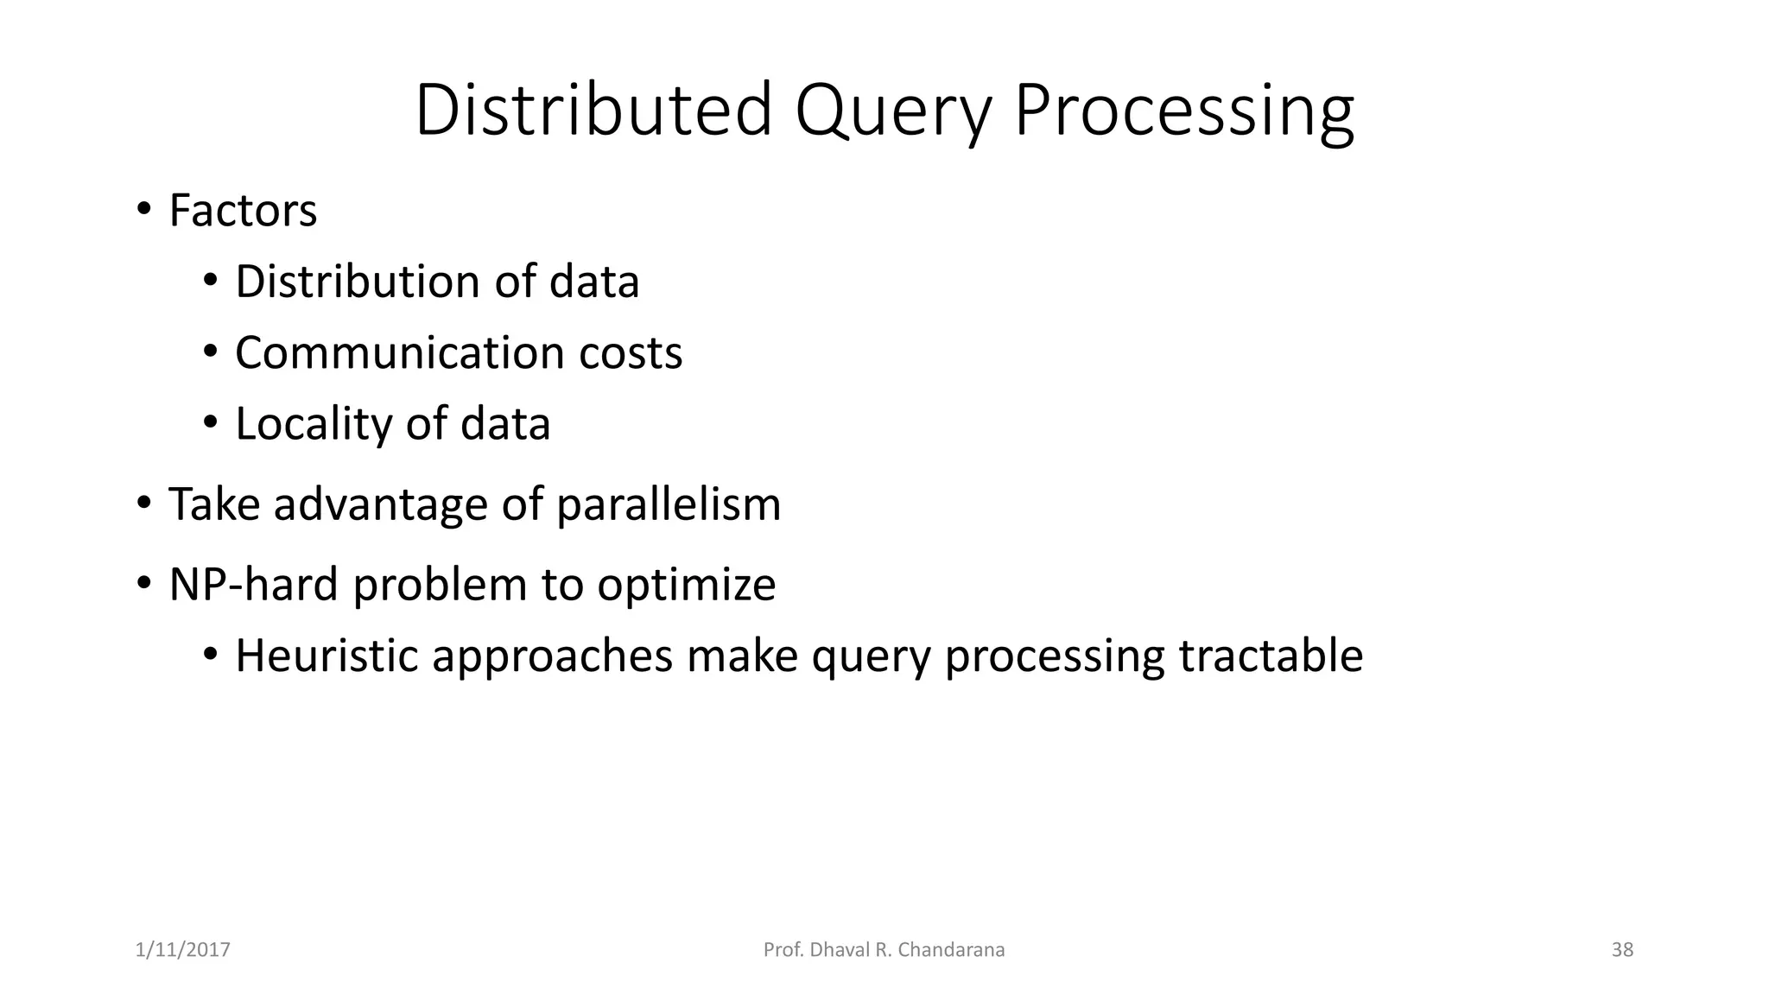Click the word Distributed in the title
[593, 110]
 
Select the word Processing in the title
[1183, 110]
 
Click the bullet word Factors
[243, 210]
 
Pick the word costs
[631, 352]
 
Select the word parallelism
[669, 504]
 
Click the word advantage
[381, 504]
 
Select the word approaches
[552, 655]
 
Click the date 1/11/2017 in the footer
[183, 950]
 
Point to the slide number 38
[1622, 950]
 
